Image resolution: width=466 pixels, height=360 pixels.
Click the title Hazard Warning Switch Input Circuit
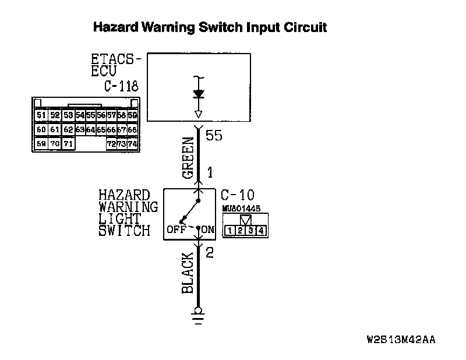click(210, 27)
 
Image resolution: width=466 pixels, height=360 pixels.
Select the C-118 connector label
click(121, 86)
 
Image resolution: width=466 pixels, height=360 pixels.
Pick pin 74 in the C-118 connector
click(132, 143)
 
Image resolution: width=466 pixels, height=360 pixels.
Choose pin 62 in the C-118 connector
click(68, 130)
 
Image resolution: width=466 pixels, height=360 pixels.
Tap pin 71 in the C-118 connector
click(68, 143)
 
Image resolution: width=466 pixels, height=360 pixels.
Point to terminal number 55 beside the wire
click(214, 136)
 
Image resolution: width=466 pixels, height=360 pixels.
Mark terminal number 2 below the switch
click(210, 253)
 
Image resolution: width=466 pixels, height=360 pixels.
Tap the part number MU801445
click(241, 208)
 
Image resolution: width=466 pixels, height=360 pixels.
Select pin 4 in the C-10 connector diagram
click(261, 231)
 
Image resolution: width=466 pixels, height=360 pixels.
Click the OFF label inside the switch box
click(175, 230)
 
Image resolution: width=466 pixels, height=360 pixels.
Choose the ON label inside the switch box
click(208, 230)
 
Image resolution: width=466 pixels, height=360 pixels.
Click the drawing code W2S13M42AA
click(401, 339)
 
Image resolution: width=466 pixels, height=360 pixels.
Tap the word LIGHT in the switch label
click(120, 218)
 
